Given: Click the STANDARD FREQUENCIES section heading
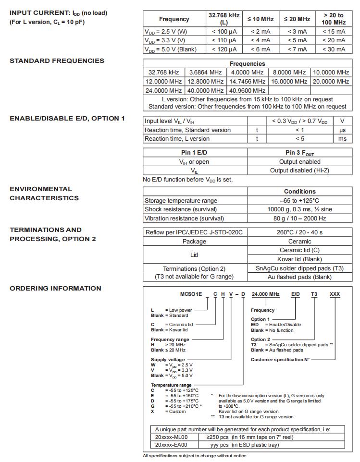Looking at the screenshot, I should click(57, 61).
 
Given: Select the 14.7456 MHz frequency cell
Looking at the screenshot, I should click(247, 82).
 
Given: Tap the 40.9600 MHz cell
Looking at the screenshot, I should click(247, 90).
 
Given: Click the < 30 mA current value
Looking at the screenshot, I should click(334, 49).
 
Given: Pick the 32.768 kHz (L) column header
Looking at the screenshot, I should click(223, 19).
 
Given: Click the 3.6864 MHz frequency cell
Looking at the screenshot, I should click(205, 73).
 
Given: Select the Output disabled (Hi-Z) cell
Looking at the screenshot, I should click(299, 170).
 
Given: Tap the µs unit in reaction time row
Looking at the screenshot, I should click(342, 130).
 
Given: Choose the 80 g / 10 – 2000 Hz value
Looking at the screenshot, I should click(299, 218).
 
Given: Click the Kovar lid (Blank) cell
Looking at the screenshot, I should click(299, 259).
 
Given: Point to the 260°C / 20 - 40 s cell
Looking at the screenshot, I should click(299, 232).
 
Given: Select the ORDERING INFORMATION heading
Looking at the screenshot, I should click(55, 289).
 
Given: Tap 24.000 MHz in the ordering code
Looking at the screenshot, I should click(264, 294).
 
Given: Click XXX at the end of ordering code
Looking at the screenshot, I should click(335, 294).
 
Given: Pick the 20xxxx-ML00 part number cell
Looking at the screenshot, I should click(171, 438).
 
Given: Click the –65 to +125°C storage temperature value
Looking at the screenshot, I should click(299, 200).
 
